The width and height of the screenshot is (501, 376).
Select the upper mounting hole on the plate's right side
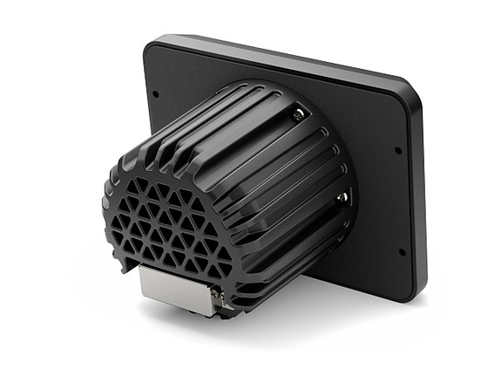pos(396,150)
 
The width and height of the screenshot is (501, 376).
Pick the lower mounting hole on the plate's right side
pos(401,252)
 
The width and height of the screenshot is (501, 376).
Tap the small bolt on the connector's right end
pos(215,297)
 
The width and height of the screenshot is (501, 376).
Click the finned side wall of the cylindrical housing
pos(261,166)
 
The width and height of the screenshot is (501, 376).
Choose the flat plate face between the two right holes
pos(383,201)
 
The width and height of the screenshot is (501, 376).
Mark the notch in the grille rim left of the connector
pos(131,259)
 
